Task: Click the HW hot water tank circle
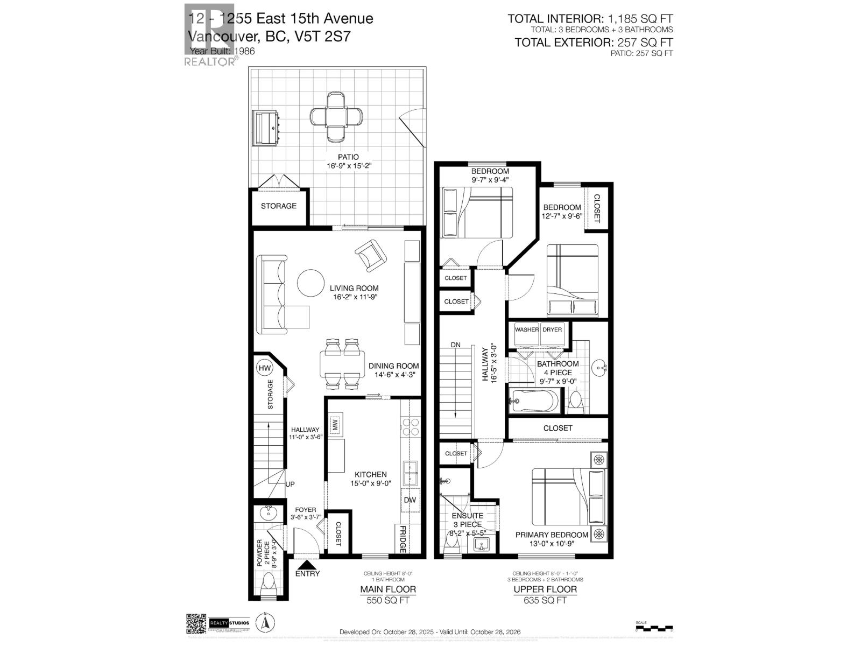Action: (264, 368)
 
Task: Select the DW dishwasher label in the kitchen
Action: (410, 500)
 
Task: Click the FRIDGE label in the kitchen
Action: (402, 539)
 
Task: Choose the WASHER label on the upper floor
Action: (526, 329)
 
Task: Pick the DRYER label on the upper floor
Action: (552, 329)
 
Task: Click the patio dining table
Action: (336, 117)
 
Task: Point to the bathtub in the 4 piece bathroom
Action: (534, 401)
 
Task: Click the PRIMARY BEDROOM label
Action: (552, 535)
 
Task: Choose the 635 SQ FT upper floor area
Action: (545, 600)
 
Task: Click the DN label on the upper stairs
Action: (456, 345)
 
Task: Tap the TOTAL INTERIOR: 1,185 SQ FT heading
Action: (590, 19)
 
